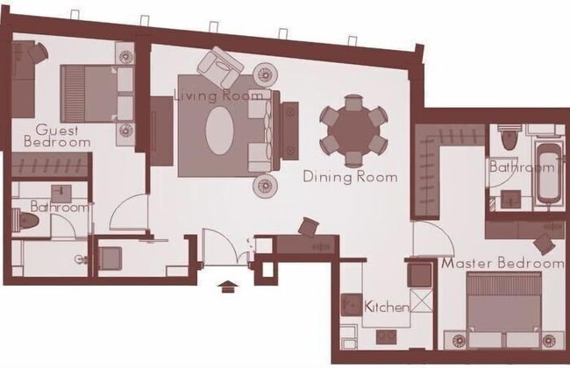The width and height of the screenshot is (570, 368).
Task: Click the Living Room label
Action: pyautogui.click(x=219, y=96)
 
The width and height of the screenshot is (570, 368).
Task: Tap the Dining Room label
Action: pyautogui.click(x=350, y=177)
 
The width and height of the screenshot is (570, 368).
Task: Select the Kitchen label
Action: pyautogui.click(x=387, y=307)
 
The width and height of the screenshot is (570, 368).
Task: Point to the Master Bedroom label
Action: pyautogui.click(x=503, y=263)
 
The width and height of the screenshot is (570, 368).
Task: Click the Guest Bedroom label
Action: pyautogui.click(x=57, y=136)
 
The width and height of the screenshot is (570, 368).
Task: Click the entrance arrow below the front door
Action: pyautogui.click(x=228, y=287)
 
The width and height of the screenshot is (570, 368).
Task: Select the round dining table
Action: pyautogui.click(x=353, y=131)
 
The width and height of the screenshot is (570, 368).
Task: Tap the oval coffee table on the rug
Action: pyautogui.click(x=219, y=131)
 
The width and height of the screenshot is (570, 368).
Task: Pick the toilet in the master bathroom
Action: pyautogui.click(x=509, y=138)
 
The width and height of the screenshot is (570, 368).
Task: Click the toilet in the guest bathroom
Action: pyautogui.click(x=25, y=220)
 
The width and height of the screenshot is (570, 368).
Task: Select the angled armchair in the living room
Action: pyautogui.click(x=220, y=67)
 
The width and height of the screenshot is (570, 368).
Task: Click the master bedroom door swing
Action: pyautogui.click(x=434, y=238)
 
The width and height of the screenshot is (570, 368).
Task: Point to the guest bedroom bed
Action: pyautogui.click(x=97, y=94)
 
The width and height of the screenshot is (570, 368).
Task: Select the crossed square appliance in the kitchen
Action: pyautogui.click(x=422, y=301)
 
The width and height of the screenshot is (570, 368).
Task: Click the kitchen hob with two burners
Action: pyautogui.click(x=386, y=336)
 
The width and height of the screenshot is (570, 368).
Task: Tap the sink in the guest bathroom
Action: pyautogui.click(x=61, y=194)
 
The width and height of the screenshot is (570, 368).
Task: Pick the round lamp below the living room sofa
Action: pyautogui.click(x=266, y=186)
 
